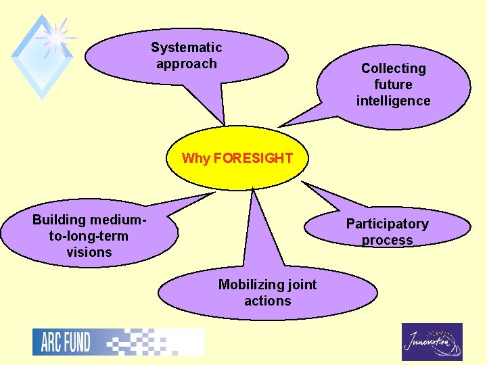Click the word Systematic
[186, 47]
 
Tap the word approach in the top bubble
[186, 64]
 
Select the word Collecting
[393, 68]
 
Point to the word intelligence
[393, 101]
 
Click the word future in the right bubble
[393, 84]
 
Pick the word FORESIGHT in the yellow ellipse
[253, 158]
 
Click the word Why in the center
[196, 158]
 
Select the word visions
[89, 252]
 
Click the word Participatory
[387, 224]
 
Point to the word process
[387, 240]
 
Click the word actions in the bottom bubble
[267, 301]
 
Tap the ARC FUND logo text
[66, 342]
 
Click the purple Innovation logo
[432, 342]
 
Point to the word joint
[302, 285]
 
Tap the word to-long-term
[89, 236]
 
